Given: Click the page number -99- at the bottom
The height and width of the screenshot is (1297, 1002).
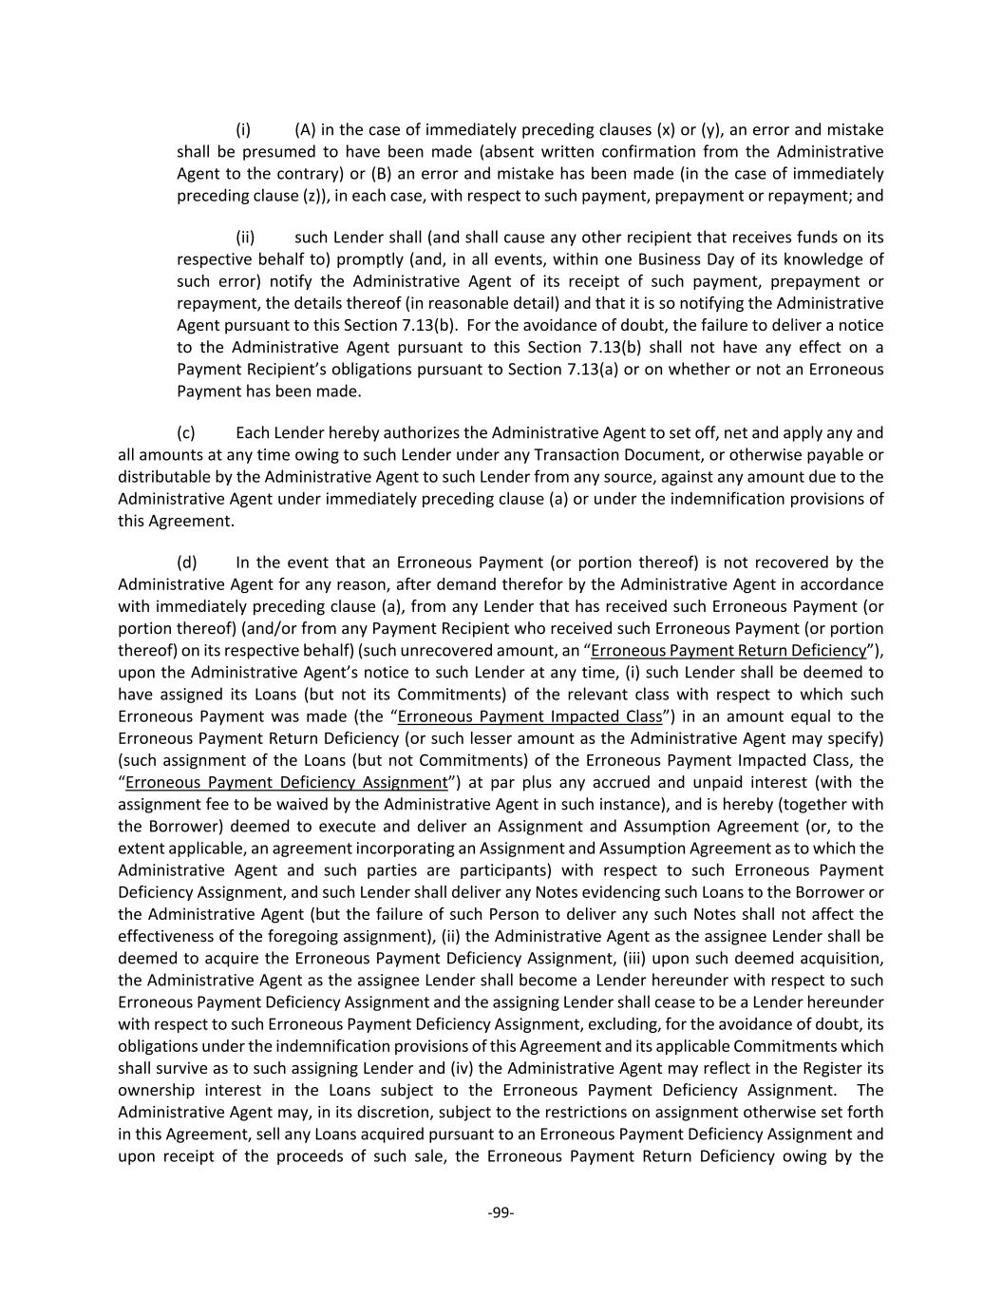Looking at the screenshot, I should coord(501,1212).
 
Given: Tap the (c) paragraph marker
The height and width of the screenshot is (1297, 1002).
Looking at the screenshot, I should coord(186,433).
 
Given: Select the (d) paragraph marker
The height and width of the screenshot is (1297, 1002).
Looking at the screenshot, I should coord(186,563).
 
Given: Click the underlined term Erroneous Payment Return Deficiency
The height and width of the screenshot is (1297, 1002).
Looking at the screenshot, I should coord(728,651).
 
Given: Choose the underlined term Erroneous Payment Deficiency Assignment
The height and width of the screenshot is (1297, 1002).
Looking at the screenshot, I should coord(286,783).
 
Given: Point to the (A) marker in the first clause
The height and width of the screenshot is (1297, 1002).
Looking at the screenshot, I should coord(305,130).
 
